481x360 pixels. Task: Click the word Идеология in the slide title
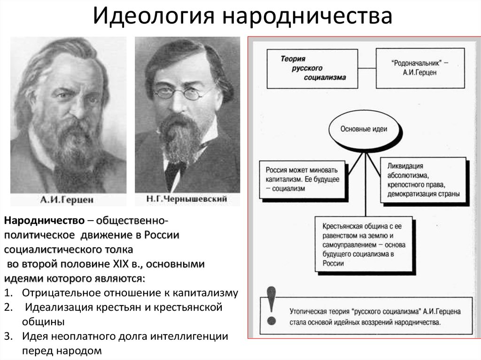click(153, 16)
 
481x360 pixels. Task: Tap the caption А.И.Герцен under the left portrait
click(67, 200)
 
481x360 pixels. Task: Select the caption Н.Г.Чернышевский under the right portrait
click(186, 199)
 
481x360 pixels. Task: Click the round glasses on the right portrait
click(178, 93)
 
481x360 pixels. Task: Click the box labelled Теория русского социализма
click(312, 69)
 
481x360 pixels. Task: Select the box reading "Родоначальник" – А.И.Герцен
click(420, 68)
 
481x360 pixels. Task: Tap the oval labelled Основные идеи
click(364, 129)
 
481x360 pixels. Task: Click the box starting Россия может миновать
click(303, 179)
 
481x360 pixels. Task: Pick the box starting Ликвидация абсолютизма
click(423, 180)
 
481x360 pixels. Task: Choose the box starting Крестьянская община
click(364, 245)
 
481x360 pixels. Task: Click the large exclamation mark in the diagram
click(272, 306)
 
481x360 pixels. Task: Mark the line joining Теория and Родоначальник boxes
click(367, 68)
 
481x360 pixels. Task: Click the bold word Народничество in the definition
click(44, 221)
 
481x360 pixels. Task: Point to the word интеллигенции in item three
click(189, 337)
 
